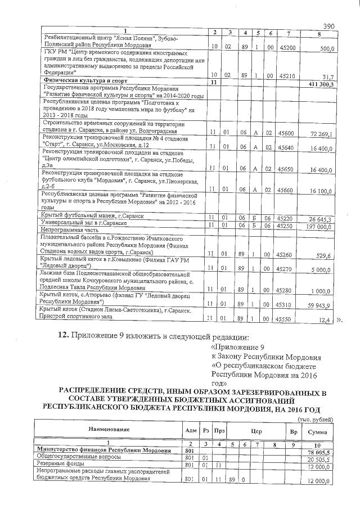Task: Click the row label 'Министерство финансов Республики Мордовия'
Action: tap(103, 451)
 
